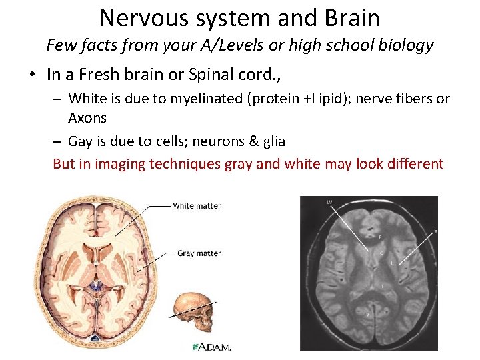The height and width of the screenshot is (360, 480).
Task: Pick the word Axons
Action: point(87,118)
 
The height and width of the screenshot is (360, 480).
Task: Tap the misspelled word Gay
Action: point(81,141)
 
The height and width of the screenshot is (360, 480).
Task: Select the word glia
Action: point(272,141)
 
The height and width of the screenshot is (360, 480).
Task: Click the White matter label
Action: point(196,205)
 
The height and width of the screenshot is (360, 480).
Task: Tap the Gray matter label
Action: point(199,253)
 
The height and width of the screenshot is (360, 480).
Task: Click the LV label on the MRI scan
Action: point(329,201)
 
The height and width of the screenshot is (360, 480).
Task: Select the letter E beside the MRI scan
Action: point(436,231)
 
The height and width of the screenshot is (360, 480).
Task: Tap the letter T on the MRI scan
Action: point(381,286)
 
